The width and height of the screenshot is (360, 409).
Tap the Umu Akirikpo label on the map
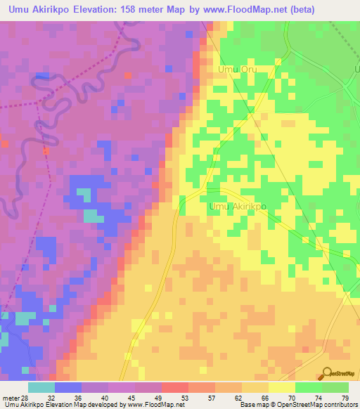238,207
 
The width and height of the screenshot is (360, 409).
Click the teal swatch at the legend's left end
41,387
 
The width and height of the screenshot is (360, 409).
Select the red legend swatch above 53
174,387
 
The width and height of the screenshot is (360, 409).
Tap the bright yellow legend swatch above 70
281,387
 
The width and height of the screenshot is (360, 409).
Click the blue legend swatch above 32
68,387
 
